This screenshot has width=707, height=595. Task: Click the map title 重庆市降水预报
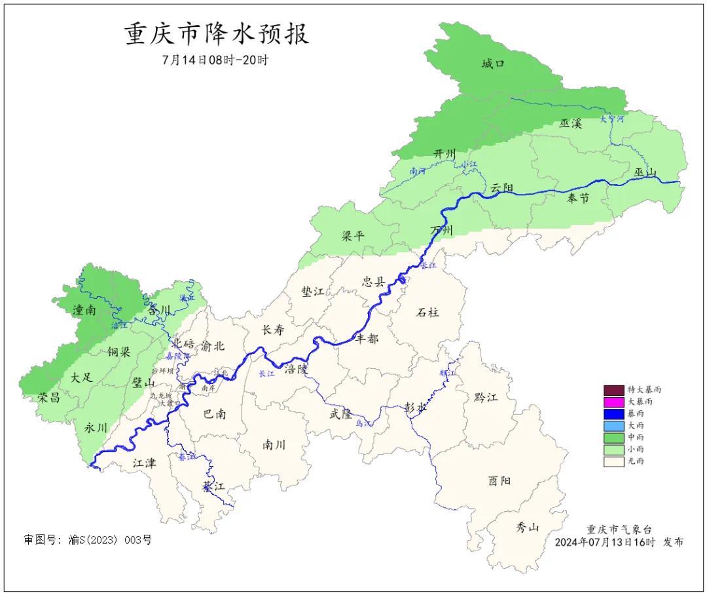[217, 34]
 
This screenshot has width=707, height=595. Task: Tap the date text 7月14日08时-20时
[215, 60]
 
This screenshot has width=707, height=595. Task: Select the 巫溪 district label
[570, 123]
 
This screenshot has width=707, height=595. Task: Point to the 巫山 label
[645, 172]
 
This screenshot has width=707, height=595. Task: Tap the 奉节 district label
[577, 198]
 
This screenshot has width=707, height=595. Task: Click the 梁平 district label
[353, 236]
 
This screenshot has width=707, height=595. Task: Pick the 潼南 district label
[84, 310]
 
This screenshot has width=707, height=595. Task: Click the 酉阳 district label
[499, 481]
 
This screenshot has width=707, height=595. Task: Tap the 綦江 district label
[213, 487]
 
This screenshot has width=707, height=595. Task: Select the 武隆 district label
[340, 413]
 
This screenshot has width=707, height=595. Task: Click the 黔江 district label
[484, 398]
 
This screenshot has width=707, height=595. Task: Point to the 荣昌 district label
[48, 398]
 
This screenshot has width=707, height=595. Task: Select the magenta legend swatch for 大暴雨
[613, 401]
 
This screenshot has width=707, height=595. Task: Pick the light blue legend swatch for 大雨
[613, 425]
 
